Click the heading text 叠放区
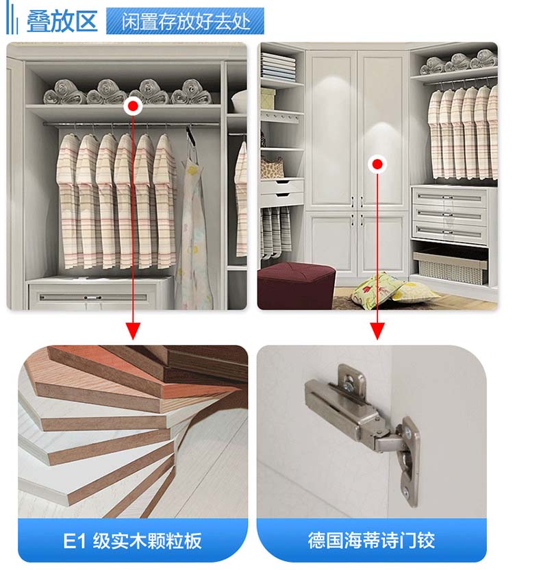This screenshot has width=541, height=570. coord(62,21)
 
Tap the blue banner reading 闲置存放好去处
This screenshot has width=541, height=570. coord(185,21)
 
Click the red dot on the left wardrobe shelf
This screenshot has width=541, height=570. coord(133,106)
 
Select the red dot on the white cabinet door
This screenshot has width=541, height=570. coord(377,164)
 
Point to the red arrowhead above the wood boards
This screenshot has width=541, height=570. coord(133,331)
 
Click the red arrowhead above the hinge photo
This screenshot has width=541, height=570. coord(377,331)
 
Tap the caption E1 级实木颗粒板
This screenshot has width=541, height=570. coord(133,541)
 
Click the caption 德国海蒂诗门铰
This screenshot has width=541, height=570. coord(371,540)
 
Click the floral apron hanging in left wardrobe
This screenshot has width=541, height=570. coord(194,233)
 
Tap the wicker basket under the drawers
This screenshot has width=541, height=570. coord(450,269)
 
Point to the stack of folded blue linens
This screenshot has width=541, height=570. coord(278,67)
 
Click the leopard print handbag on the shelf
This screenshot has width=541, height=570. coord(272,167)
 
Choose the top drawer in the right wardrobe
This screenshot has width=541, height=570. coord(449,197)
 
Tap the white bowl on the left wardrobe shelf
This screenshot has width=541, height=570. coord(239,101)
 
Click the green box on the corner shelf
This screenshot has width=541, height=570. coord(268,98)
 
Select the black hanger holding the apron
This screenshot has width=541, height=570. coord(190,135)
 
